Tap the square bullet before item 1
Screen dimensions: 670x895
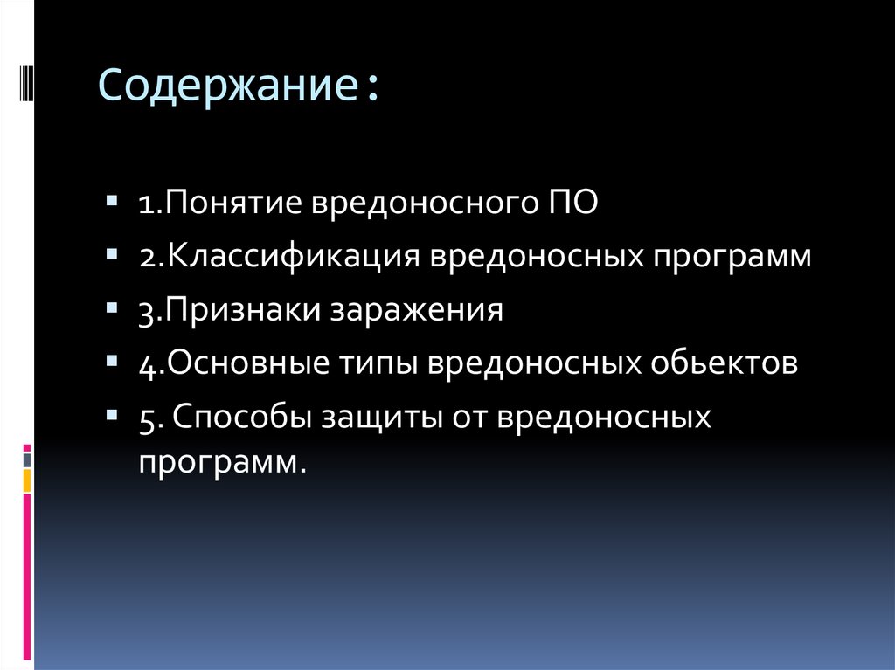point(113,202)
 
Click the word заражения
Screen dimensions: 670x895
point(416,311)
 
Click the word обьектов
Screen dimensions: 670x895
point(723,363)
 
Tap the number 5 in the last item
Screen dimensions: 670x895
point(145,417)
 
